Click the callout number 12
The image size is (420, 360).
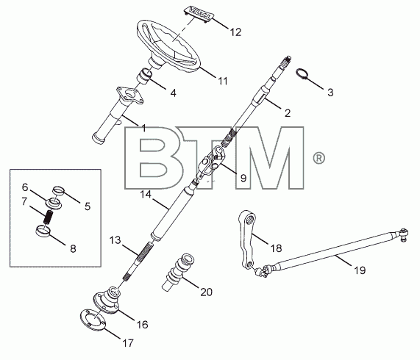[x=235, y=32]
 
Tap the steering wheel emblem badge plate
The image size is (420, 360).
[x=198, y=14]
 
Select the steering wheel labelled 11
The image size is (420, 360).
[x=168, y=46]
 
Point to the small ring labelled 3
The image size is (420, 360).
[x=302, y=73]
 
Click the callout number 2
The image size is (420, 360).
[x=288, y=113]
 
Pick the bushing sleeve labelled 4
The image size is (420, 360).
[x=145, y=76]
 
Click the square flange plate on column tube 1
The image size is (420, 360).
[x=130, y=95]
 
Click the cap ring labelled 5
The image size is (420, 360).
[x=59, y=191]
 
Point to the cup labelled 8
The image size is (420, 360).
[x=43, y=231]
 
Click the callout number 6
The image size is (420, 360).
[x=25, y=187]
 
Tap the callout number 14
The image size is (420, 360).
[x=146, y=195]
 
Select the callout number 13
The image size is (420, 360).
[x=115, y=240]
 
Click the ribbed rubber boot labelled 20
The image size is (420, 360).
[x=178, y=272]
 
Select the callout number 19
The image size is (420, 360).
[x=360, y=270]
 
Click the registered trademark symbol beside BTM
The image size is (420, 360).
[x=318, y=158]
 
